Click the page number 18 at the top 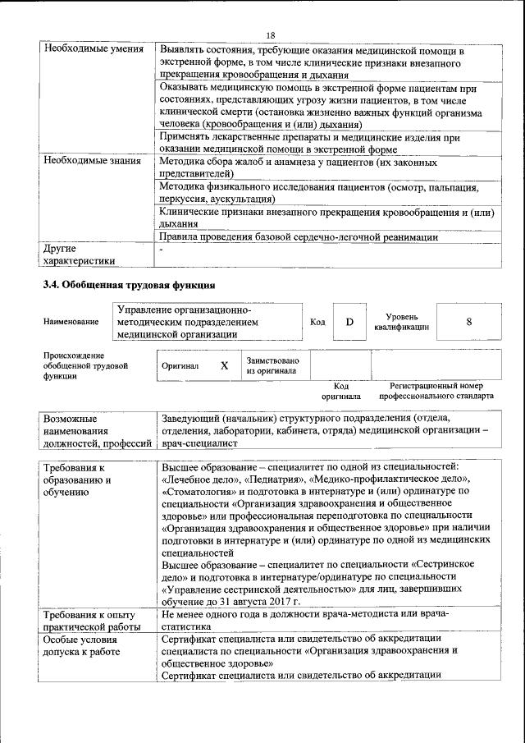coord(272,34)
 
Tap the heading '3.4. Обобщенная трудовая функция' coord(130,285)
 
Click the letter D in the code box coord(349,322)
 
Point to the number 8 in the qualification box coord(468,322)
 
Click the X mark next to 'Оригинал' coord(224,365)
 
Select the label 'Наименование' coord(71,323)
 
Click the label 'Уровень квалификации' coord(402,322)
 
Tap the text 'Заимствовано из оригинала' coord(272,365)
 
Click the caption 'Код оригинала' coord(340,391)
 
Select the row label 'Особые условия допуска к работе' coord(85,644)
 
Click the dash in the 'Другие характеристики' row coord(163,250)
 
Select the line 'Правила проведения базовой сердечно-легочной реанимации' coord(299,237)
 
